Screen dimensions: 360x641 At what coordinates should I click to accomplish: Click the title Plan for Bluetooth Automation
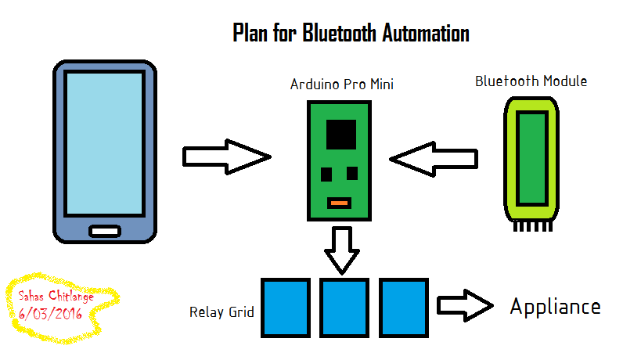pos(351,33)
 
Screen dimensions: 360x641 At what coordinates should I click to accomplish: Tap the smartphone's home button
pos(105,231)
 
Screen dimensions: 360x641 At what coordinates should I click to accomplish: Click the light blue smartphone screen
pos(105,142)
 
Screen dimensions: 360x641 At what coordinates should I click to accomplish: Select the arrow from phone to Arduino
pos(226,157)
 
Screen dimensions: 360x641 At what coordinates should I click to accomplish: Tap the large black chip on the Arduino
pos(341,135)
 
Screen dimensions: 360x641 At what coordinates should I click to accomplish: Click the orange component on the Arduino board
pos(338,203)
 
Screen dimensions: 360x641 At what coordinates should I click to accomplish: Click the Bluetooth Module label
pos(531,81)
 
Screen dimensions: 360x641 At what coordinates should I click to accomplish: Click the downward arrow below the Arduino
pos(341,249)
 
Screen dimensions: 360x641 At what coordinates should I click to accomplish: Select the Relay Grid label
pos(221,312)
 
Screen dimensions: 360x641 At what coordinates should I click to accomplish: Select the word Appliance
pos(555,306)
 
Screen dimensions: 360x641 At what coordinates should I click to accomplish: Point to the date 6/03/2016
pos(51,313)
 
